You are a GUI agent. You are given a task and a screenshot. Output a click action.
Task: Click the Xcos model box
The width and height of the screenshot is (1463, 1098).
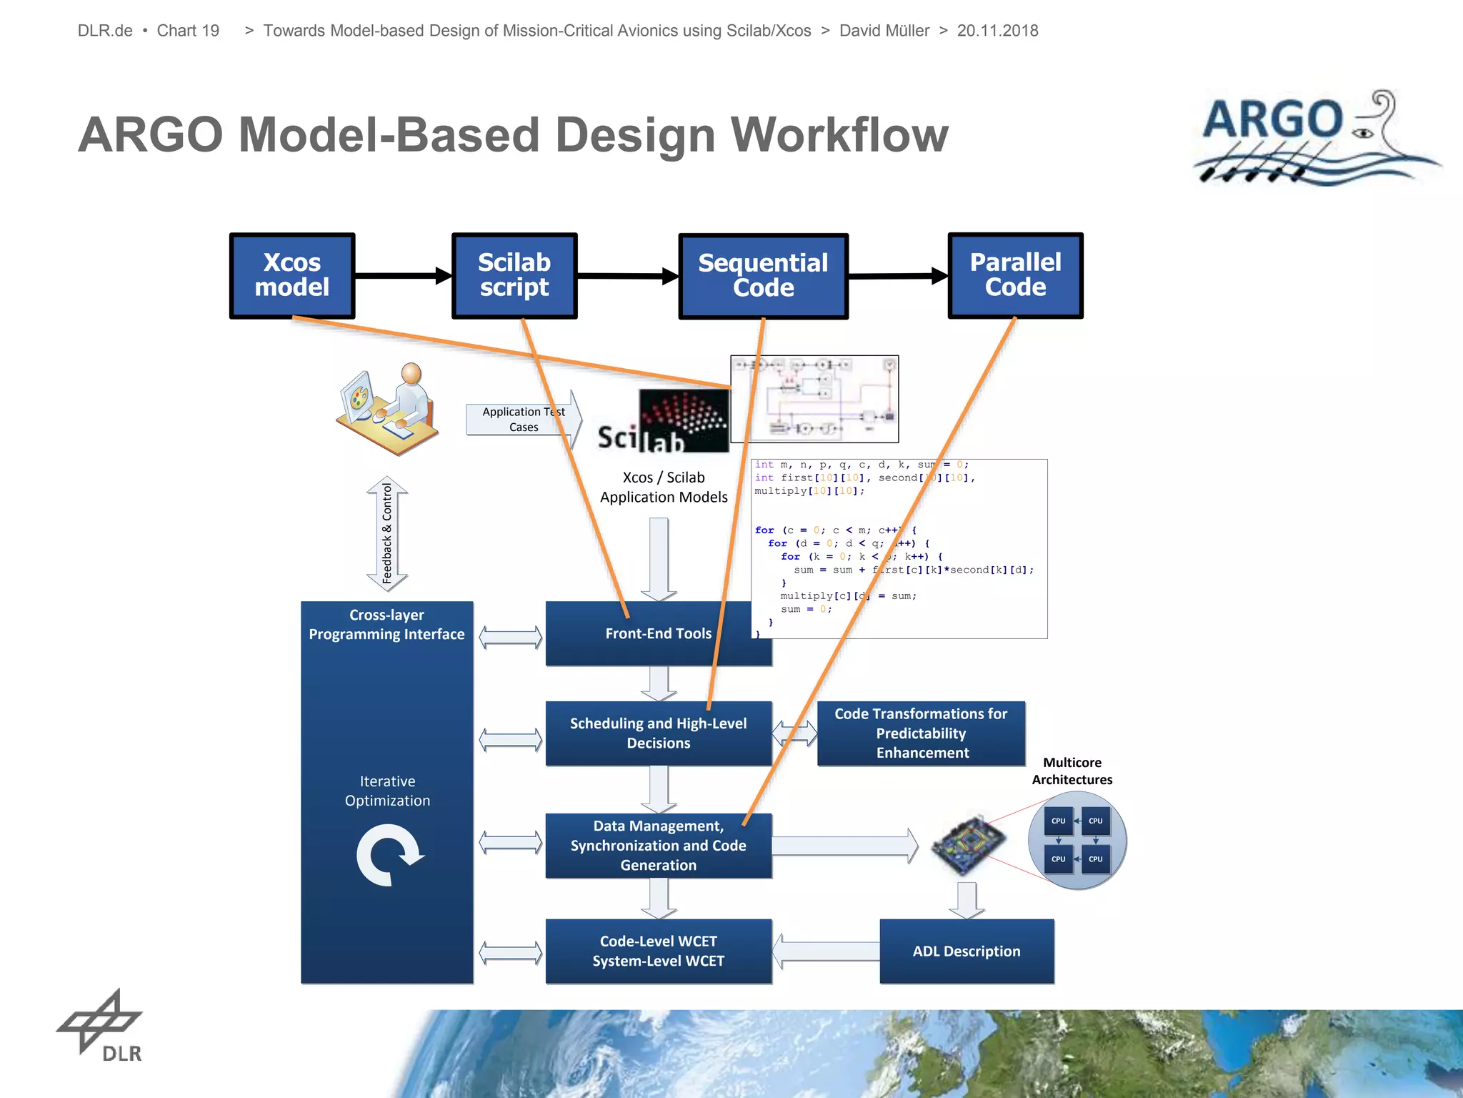click(292, 275)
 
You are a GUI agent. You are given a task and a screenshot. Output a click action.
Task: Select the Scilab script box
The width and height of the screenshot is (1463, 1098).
click(514, 275)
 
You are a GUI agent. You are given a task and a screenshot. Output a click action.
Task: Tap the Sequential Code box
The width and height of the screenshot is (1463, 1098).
click(763, 276)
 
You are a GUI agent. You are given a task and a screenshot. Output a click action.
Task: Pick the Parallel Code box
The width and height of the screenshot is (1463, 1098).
click(1015, 275)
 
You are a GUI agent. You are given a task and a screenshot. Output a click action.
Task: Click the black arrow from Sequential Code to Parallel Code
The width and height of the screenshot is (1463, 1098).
click(898, 275)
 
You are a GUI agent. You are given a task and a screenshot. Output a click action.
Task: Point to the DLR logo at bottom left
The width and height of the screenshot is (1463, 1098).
click(101, 1027)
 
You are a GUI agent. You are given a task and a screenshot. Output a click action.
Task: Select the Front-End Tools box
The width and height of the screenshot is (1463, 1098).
click(658, 633)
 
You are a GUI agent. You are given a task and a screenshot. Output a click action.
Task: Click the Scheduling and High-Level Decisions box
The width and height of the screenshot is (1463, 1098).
click(658, 733)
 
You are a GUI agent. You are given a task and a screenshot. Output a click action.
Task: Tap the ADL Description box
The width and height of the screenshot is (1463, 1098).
click(967, 951)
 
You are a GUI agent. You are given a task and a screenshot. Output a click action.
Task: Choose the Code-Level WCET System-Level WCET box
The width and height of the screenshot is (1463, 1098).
click(658, 951)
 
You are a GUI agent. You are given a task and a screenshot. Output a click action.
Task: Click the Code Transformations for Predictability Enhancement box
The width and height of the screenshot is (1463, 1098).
click(921, 733)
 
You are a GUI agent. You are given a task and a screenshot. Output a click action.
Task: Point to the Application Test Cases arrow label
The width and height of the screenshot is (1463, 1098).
click(524, 420)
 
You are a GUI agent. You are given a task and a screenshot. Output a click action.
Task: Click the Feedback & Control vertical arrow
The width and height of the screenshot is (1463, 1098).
click(387, 533)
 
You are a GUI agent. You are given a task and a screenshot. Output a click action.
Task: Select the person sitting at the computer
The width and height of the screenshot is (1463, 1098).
click(389, 407)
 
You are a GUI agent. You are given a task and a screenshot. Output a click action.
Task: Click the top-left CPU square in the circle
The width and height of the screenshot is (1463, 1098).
click(1058, 821)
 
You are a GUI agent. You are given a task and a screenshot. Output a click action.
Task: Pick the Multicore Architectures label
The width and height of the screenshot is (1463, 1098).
click(1072, 771)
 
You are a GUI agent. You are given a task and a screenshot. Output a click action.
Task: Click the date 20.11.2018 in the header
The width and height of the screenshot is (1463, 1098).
click(997, 31)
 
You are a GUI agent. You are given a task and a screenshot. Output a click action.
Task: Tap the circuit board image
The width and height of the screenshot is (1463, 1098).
click(969, 845)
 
